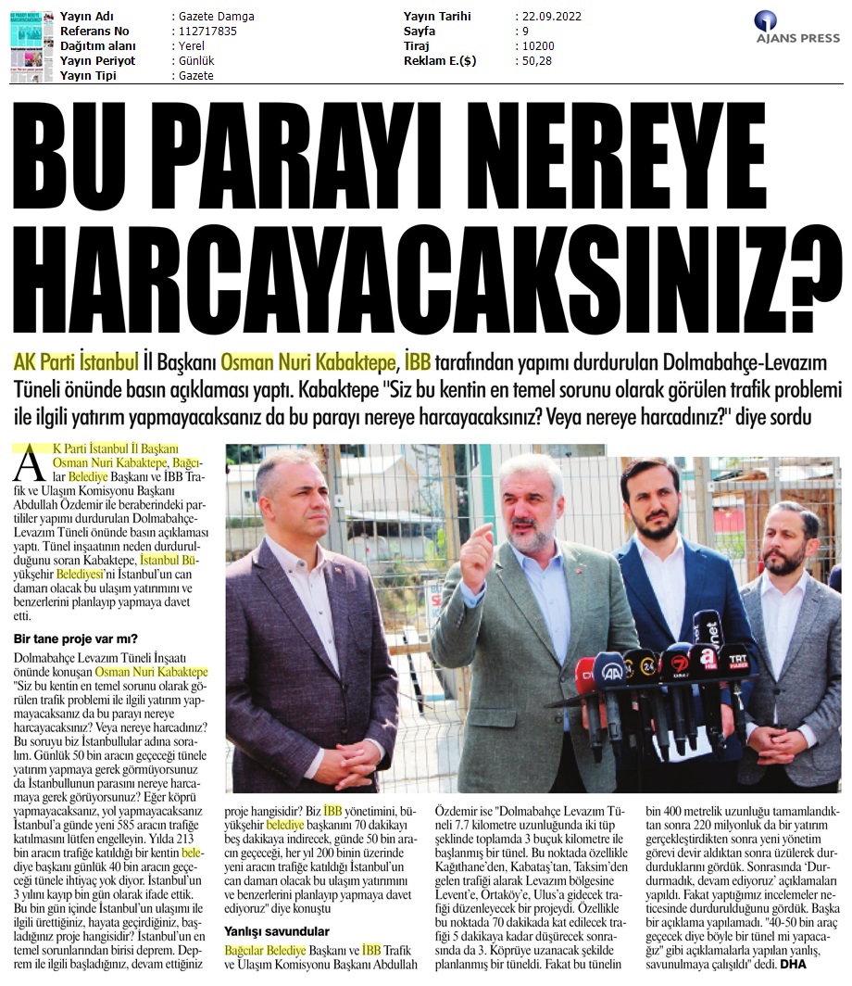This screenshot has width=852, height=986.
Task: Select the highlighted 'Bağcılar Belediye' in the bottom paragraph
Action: (x=264, y=952)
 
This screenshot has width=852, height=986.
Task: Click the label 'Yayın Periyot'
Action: (x=97, y=61)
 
